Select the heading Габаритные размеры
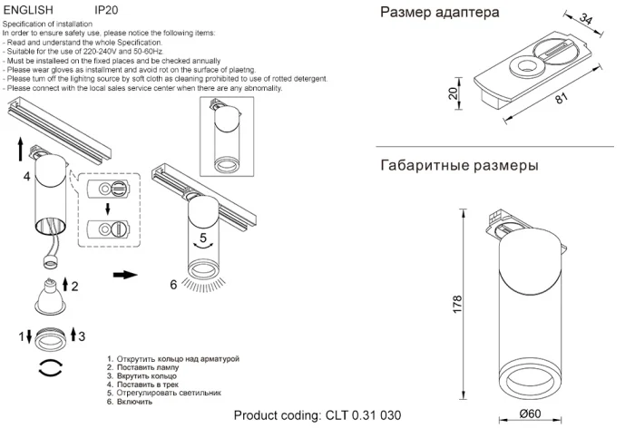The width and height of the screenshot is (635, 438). click(459, 166)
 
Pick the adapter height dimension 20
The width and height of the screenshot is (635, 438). click(454, 95)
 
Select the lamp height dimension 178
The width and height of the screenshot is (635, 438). click(457, 305)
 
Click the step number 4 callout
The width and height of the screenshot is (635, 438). click(27, 176)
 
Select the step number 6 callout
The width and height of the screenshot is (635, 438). click(173, 284)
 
